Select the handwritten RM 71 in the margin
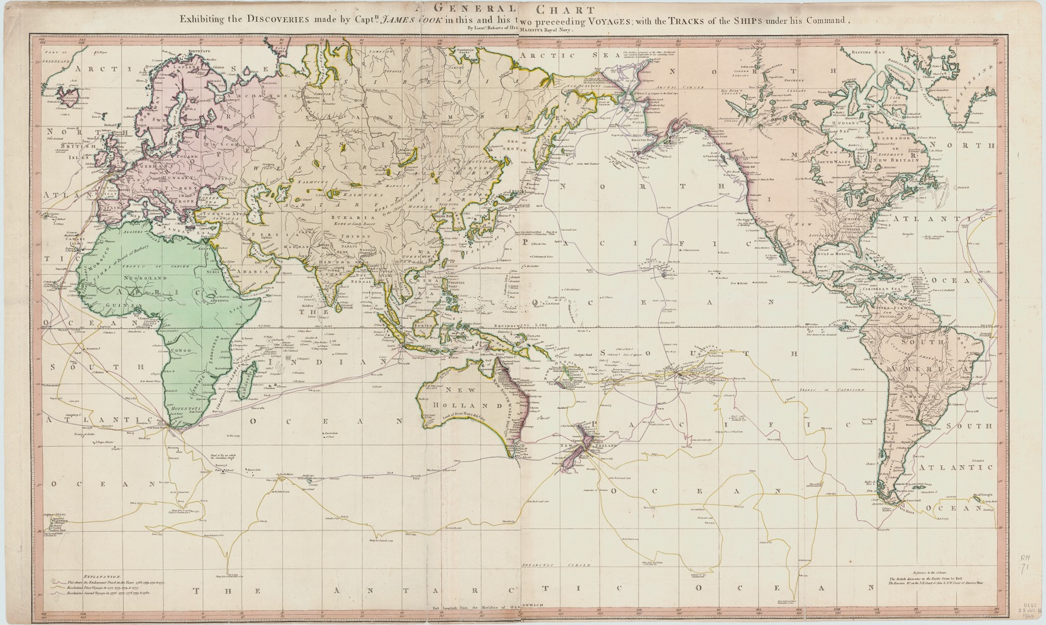[1026, 564]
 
